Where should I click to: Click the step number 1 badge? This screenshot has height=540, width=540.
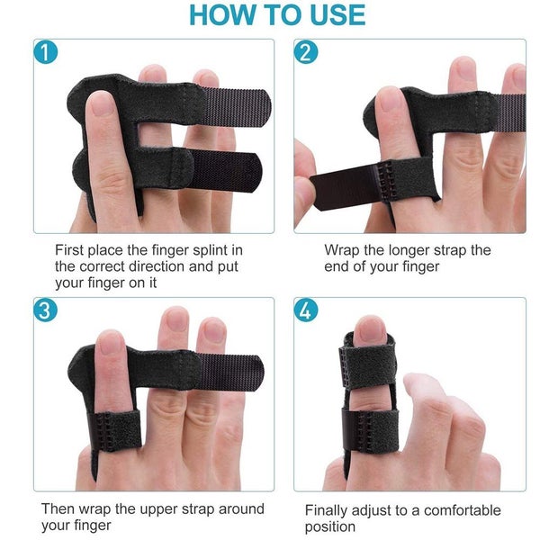[43, 51]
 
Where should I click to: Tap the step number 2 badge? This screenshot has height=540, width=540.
[307, 51]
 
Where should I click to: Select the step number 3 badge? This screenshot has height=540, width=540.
[43, 310]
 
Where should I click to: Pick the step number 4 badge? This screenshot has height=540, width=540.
[307, 310]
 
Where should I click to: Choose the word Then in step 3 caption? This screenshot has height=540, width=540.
[59, 509]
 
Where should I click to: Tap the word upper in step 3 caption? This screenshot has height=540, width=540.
[157, 509]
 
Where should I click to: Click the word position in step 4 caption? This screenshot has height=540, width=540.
[330, 526]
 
